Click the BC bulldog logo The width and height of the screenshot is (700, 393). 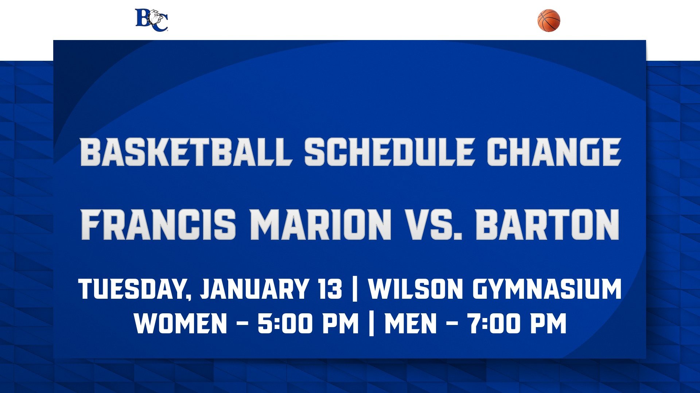pos(152,20)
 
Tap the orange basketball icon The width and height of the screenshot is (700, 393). pos(549,20)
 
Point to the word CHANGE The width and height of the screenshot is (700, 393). pos(554,152)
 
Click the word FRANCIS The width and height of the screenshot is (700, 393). pos(159,224)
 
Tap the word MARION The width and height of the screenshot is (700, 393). pos(320,224)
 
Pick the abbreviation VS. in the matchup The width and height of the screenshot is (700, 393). pos(433,224)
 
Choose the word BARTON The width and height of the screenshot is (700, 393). pos(547,224)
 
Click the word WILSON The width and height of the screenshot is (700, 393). pos(415,289)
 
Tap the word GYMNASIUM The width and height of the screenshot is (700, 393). pos(547,289)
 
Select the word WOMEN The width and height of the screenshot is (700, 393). pos(181,323)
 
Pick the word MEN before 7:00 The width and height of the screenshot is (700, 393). pos(411,323)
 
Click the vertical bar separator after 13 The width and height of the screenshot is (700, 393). pos(355,289)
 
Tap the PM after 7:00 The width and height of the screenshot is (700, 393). pos(548,323)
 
